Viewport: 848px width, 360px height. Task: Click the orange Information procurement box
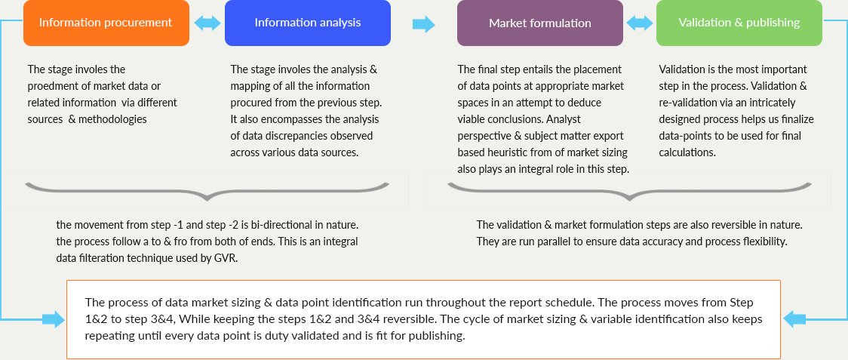pos(106,23)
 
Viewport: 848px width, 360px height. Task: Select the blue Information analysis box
pos(308,23)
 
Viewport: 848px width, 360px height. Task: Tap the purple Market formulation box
pos(539,23)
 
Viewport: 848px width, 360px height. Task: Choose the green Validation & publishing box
pos(739,23)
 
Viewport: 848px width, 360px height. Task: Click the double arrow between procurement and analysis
pos(207,23)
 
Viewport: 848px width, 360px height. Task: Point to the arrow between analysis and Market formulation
pos(423,24)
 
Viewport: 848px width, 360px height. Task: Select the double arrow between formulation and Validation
pos(640,23)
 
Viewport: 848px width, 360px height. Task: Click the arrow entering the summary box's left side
pos(53,318)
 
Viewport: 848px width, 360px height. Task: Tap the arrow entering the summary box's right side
pos(794,318)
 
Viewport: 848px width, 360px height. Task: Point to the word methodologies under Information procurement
pos(112,120)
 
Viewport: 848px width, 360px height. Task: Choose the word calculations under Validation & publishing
pos(687,152)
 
